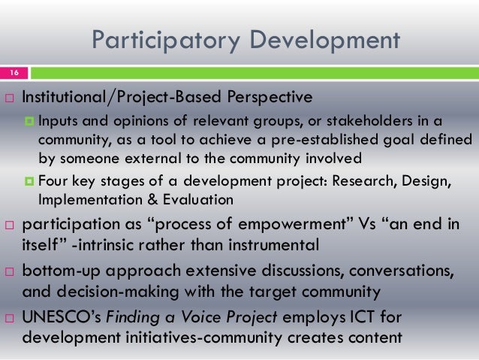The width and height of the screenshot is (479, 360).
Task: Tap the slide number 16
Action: pyautogui.click(x=14, y=72)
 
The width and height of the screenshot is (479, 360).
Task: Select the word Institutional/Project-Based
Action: pyautogui.click(x=118, y=98)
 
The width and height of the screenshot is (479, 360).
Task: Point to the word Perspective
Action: pyautogui.click(x=265, y=98)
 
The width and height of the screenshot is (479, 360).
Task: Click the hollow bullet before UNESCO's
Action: pyautogui.click(x=9, y=319)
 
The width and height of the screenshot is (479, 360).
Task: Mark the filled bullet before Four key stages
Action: pyautogui.click(x=31, y=182)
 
